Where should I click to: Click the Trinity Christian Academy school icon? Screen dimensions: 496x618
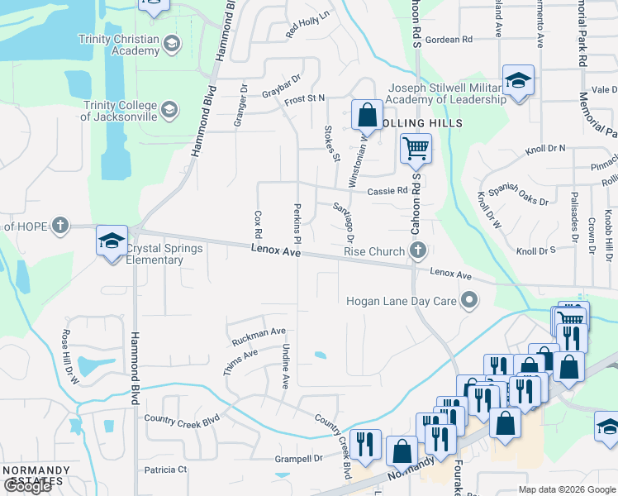pyautogui.click(x=172, y=43)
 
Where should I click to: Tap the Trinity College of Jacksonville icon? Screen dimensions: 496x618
pyautogui.click(x=169, y=109)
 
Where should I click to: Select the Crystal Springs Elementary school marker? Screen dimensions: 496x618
pyautogui.click(x=112, y=241)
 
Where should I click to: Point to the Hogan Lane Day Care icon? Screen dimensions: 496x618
pyautogui.click(x=469, y=301)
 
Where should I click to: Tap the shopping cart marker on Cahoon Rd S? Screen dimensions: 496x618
pyautogui.click(x=416, y=149)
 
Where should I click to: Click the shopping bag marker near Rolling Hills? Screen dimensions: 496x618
pyautogui.click(x=367, y=115)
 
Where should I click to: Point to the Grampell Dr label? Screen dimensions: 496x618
pyautogui.click(x=299, y=457)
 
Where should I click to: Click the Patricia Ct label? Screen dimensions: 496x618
pyautogui.click(x=165, y=470)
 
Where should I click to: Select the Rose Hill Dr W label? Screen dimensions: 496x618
pyautogui.click(x=69, y=356)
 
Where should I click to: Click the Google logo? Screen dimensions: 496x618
pyautogui.click(x=26, y=486)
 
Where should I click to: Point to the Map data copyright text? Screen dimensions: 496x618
pyautogui.click(x=566, y=489)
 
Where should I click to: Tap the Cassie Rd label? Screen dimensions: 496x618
pyautogui.click(x=388, y=189)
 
